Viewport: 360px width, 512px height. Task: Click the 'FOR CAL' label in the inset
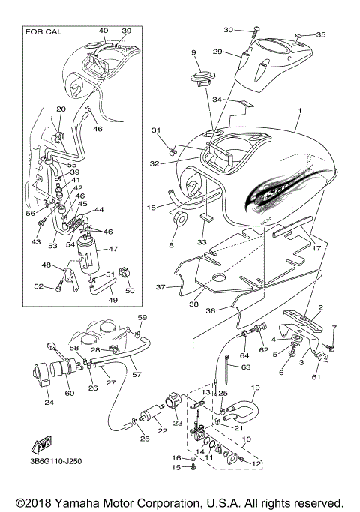(x=43, y=33)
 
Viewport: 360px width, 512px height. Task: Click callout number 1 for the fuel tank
(x=299, y=111)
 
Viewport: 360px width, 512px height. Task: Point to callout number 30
(x=229, y=30)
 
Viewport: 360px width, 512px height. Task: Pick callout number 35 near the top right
(x=321, y=35)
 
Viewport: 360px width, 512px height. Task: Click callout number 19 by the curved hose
(x=253, y=388)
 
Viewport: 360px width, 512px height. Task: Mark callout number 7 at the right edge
(x=335, y=328)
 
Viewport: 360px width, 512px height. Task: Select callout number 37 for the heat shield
(x=159, y=286)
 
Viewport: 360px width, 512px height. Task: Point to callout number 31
(x=157, y=131)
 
